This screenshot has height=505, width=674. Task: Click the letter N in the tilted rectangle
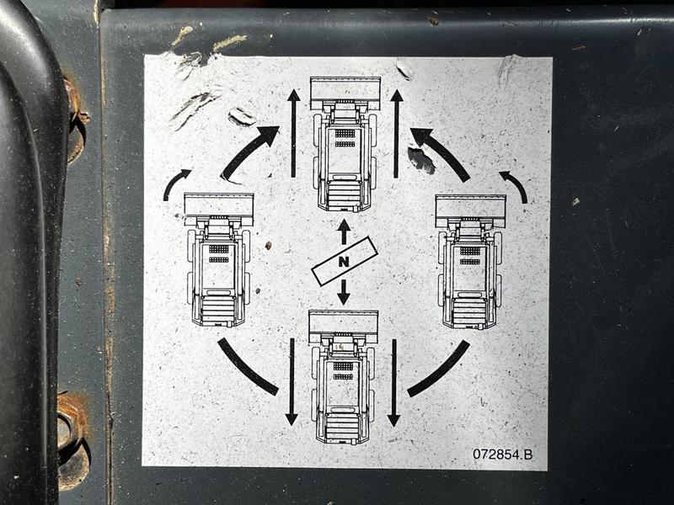tap(344, 261)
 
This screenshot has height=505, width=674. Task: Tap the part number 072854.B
tap(502, 454)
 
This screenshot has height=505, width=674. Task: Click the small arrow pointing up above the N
tap(344, 231)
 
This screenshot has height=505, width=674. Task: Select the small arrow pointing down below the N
tap(344, 292)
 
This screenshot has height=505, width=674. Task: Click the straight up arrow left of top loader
tap(293, 133)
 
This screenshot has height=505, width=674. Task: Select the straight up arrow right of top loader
tap(396, 133)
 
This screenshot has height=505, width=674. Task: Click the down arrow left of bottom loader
tap(292, 382)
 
